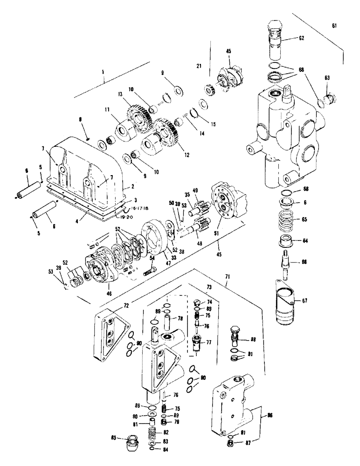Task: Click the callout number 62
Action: coord(302,38)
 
